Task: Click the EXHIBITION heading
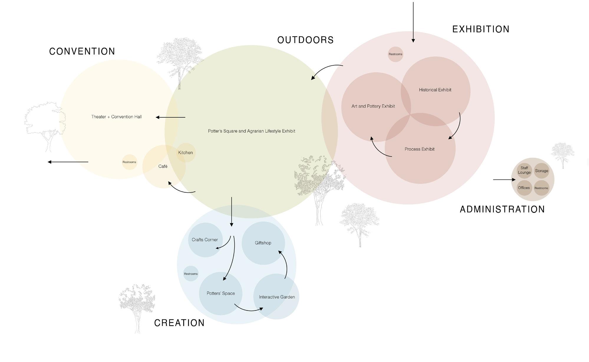481,29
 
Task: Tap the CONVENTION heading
82,51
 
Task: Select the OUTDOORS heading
305,40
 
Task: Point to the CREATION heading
179,323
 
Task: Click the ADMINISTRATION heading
502,209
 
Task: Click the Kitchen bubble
186,152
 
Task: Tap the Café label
163,166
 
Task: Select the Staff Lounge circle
524,170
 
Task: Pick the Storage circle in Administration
542,171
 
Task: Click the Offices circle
524,188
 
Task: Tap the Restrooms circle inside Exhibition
395,54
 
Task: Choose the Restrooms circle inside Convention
129,162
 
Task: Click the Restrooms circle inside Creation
191,274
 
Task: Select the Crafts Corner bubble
205,240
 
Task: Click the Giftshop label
263,243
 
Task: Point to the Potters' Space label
221,293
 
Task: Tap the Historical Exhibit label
435,90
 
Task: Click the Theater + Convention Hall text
116,117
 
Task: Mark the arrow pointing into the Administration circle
504,180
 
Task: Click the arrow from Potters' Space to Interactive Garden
249,310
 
